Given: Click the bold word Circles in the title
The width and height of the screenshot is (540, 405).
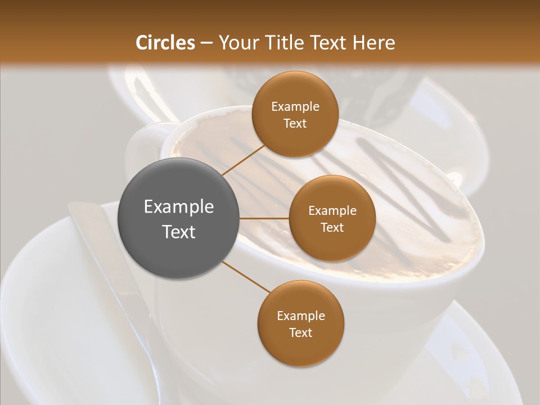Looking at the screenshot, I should (165, 43).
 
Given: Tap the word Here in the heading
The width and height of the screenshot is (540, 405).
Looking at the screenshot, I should (375, 43).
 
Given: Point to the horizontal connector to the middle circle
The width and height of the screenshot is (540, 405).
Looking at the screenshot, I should (264, 218).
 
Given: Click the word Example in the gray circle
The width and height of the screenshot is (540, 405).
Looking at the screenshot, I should (179, 207).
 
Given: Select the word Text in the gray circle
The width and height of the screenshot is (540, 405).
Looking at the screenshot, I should (179, 232).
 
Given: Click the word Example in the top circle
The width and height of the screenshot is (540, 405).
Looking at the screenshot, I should (295, 107).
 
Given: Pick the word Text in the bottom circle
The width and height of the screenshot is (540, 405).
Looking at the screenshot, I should (300, 332).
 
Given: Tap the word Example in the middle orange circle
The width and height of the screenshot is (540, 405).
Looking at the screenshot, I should (332, 211).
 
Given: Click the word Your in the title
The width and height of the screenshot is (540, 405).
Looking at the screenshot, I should (236, 43).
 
